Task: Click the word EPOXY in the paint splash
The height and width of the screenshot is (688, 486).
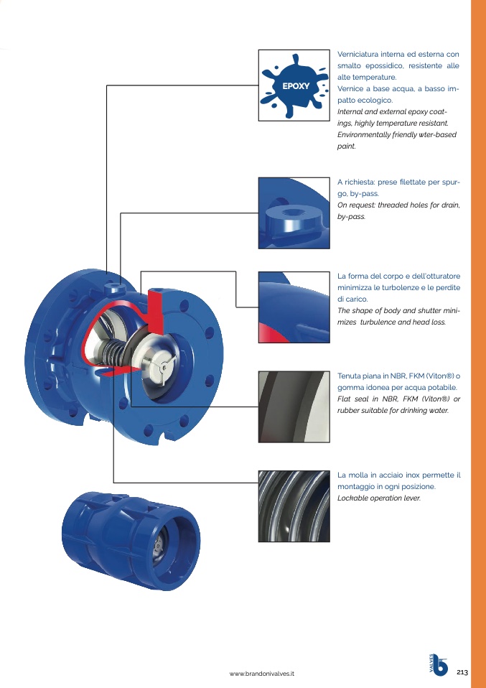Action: pos(296,86)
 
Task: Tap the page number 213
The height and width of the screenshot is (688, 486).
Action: pos(462,672)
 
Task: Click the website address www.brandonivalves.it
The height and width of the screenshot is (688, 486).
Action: pos(262,674)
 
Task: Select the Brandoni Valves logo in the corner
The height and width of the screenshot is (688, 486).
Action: pos(439,664)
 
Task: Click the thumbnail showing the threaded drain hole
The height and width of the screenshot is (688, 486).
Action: pos(294,213)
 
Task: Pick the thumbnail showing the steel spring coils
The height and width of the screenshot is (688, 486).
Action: pos(294,506)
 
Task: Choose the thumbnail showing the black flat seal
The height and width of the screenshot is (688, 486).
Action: pos(294,406)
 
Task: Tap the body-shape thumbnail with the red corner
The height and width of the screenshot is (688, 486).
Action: pos(294,307)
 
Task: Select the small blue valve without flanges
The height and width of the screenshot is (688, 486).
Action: pos(131,540)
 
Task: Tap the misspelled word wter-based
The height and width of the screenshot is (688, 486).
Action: pos(439,134)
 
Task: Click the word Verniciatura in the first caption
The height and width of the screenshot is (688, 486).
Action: pos(358,55)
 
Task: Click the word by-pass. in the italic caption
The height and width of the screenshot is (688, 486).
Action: pos(351,217)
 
